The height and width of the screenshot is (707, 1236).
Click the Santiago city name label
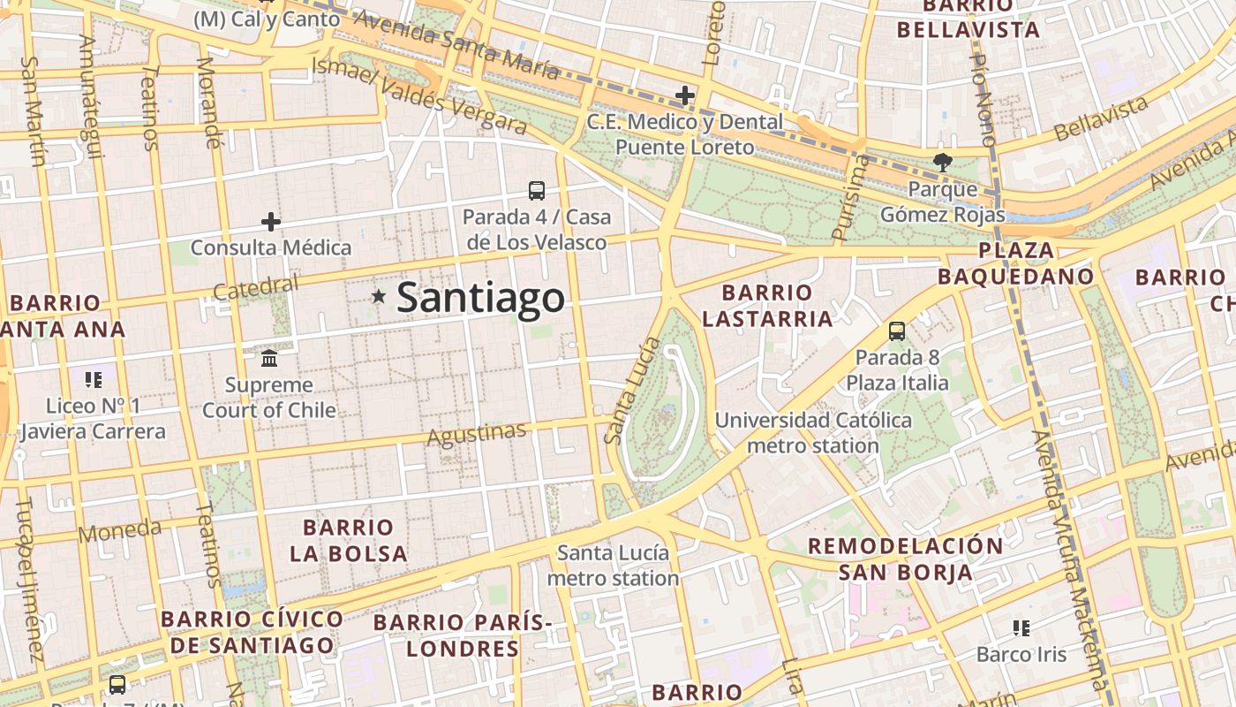click(x=480, y=298)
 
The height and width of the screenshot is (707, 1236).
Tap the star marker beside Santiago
click(x=379, y=296)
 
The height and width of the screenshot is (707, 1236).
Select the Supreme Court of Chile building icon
click(x=269, y=358)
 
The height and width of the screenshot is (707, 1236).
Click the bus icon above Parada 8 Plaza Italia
click(x=897, y=331)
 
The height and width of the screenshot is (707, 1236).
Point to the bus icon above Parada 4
click(x=536, y=190)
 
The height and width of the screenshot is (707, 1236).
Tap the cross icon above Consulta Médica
click(x=271, y=222)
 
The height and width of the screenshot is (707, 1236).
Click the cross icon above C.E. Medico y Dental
click(x=684, y=95)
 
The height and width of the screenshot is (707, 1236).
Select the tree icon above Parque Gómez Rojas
click(x=942, y=162)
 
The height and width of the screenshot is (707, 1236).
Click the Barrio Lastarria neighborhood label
click(x=767, y=305)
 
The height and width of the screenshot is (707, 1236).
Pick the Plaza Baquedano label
click(x=1015, y=263)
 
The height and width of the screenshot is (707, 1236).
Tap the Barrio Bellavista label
click(x=968, y=18)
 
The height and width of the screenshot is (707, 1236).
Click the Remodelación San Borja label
click(x=905, y=559)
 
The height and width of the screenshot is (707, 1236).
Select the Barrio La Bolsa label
click(x=349, y=541)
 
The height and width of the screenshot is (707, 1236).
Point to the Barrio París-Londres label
click(x=463, y=635)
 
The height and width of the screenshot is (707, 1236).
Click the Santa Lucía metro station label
click(x=613, y=566)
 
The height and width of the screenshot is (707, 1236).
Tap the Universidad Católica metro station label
click(x=813, y=432)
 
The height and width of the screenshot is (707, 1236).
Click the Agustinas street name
click(x=477, y=434)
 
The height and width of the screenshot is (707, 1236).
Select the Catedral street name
click(x=256, y=287)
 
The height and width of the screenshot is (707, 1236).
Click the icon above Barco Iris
click(x=1021, y=628)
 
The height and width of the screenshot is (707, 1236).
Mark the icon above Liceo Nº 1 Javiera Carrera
click(x=94, y=380)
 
